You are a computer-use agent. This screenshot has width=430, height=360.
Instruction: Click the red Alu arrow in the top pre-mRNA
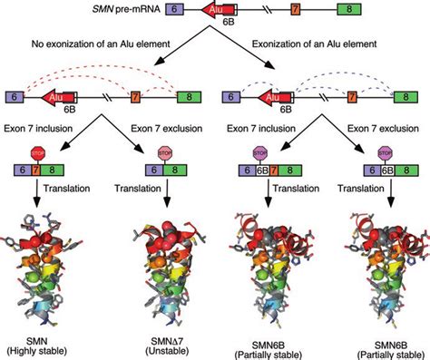[x=211, y=10]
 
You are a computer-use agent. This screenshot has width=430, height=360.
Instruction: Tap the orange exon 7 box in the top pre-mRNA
[x=296, y=10]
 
